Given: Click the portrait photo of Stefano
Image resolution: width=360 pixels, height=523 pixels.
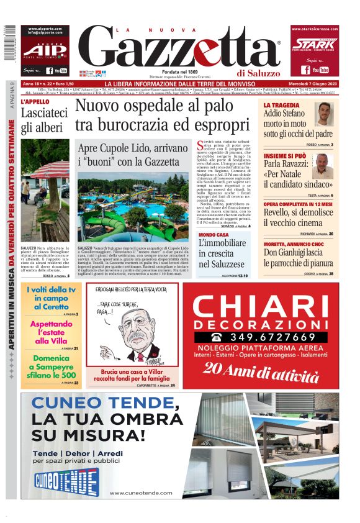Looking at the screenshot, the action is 323,115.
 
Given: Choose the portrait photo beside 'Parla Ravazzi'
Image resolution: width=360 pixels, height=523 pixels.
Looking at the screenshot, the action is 322,166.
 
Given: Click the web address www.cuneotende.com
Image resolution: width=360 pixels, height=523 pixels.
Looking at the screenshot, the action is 140,493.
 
